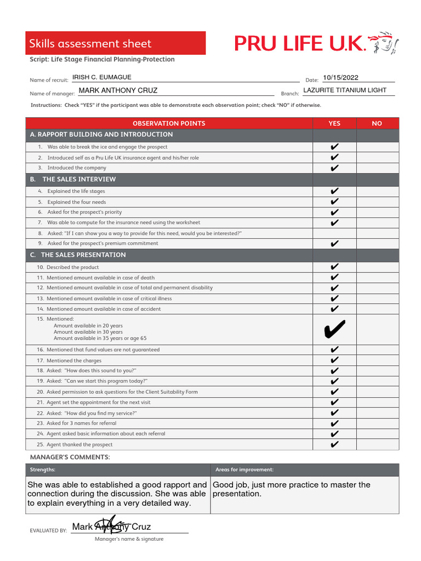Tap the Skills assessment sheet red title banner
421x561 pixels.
coord(116,43)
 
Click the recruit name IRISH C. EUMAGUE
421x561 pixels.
coord(102,78)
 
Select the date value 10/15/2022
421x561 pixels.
coord(340,78)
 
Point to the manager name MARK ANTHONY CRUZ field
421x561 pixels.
coord(118,90)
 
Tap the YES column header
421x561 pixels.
coord(334,123)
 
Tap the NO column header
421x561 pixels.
coord(377,123)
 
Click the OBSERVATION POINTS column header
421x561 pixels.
coord(169,123)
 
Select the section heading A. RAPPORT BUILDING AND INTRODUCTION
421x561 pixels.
coord(101,135)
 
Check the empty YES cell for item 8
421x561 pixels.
coord(334,233)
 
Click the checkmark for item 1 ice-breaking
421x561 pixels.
coord(334,147)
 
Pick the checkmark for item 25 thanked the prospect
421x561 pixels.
coord(334,445)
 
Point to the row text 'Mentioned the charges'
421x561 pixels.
coord(71,360)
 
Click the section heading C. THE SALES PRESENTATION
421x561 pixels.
coord(78,255)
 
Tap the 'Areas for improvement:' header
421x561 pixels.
coord(244,470)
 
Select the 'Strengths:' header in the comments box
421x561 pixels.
coord(42,470)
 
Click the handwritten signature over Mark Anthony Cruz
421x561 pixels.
coord(111,525)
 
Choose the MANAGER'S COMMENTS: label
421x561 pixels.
coord(70,457)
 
